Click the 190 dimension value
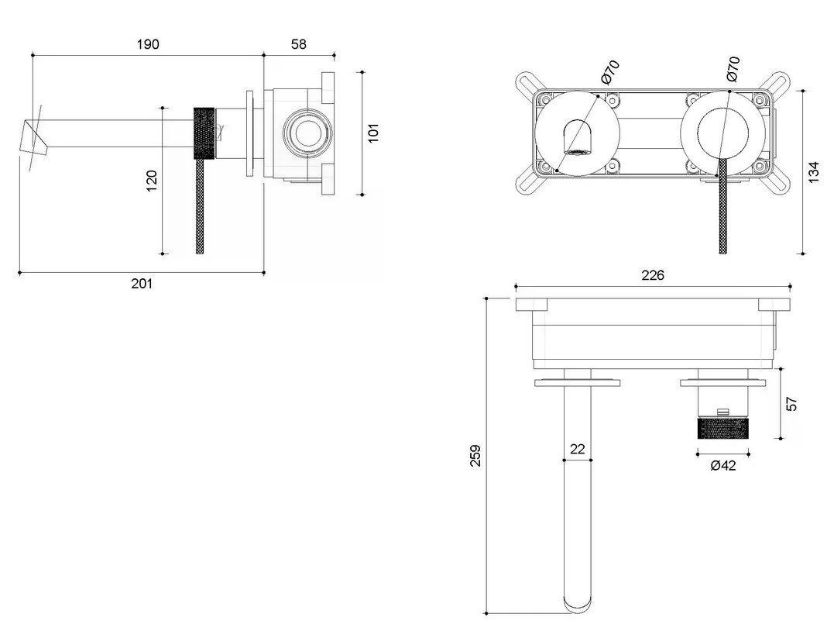click(148, 44)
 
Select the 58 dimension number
click(299, 44)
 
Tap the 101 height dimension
click(373, 133)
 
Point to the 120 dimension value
click(152, 181)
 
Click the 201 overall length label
click(142, 283)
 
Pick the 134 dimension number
click(814, 172)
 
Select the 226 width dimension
click(653, 274)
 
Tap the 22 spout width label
click(577, 449)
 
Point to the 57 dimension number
click(791, 404)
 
